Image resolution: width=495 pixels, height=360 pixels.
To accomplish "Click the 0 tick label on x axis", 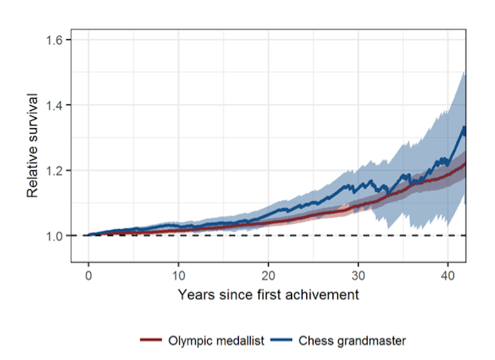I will [89, 273].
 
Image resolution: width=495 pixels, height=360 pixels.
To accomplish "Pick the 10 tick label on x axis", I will [179, 273].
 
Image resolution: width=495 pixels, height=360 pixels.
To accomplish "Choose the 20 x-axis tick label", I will [269, 273].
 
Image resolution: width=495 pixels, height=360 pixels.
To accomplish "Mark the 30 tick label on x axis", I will [358, 273].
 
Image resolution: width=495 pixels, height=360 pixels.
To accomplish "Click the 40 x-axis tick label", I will [448, 273].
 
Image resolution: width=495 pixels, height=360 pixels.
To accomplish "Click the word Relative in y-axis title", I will [32, 173].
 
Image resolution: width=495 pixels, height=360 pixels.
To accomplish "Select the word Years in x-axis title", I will [194, 295].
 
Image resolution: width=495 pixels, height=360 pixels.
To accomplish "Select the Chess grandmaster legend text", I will [352, 340].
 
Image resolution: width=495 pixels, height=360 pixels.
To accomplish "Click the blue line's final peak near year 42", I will [463, 127].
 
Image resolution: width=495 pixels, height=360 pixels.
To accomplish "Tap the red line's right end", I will [465, 163].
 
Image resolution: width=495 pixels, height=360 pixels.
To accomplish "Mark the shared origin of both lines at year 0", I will [89, 235].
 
